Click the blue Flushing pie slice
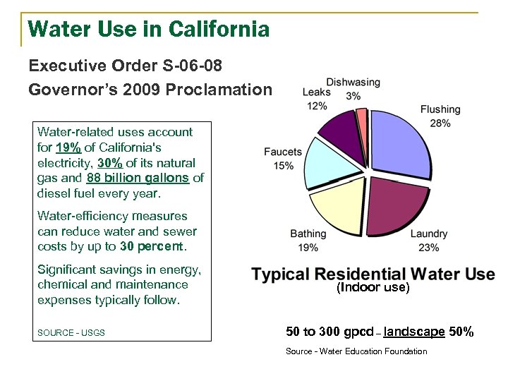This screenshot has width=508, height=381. point(399,145)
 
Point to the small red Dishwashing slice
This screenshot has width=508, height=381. point(362,116)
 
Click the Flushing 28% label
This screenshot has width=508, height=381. point(440,116)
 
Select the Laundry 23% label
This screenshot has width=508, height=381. point(428,241)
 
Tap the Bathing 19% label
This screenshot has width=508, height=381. point(308,240)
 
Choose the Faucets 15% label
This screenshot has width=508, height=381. point(282,159)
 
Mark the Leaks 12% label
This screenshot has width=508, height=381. point(317,99)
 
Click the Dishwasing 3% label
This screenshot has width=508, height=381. point(353,89)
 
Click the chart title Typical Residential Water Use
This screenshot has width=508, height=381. point(373,274)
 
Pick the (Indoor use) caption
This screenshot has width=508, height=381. point(373,288)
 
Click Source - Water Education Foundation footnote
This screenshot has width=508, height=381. point(356,351)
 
